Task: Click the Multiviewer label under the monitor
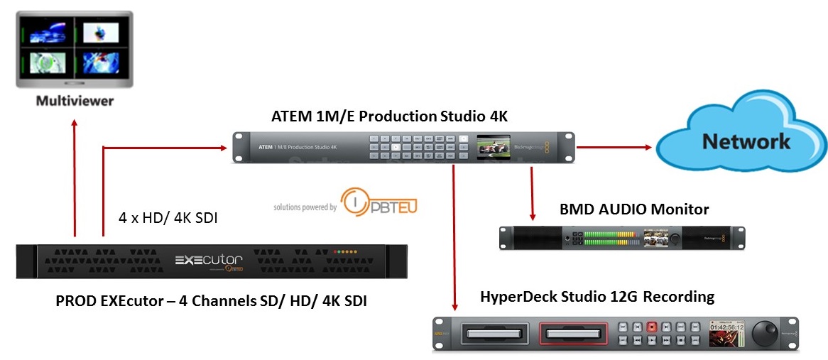pyautogui.click(x=75, y=102)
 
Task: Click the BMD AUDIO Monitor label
pyautogui.click(x=634, y=209)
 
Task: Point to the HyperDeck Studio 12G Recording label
pyautogui.click(x=597, y=296)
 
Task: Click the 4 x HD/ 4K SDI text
pyautogui.click(x=168, y=219)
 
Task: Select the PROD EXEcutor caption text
pyautogui.click(x=211, y=301)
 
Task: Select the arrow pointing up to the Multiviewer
pyautogui.click(x=75, y=128)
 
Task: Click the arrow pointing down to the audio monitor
pyautogui.click(x=532, y=213)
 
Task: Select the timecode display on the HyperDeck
pyautogui.click(x=724, y=328)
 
